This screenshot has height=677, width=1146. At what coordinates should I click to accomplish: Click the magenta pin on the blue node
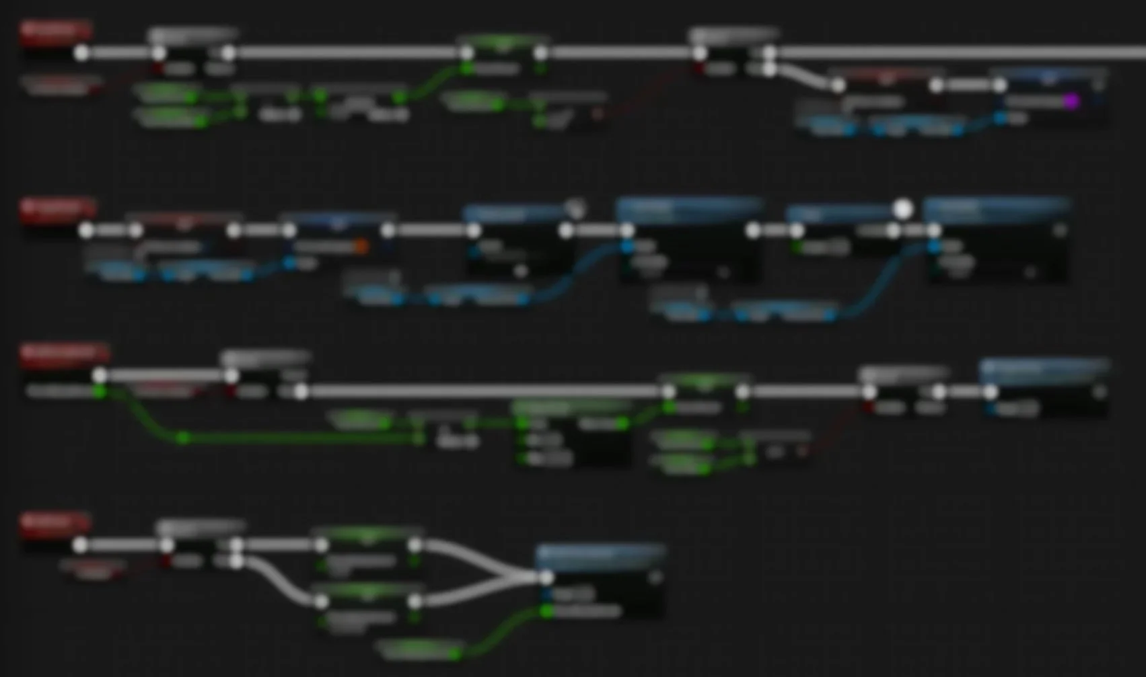tap(1071, 102)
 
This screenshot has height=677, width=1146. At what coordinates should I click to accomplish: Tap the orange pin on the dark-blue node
tap(361, 247)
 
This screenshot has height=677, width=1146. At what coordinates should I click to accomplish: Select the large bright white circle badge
tap(903, 209)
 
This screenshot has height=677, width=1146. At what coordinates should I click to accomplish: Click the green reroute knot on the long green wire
tap(183, 438)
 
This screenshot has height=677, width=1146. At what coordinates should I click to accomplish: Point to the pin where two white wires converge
tap(546, 577)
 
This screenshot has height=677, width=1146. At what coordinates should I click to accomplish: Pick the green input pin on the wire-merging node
tap(546, 611)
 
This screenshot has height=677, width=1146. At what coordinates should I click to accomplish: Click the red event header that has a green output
tap(64, 353)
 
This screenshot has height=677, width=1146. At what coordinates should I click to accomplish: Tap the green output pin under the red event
tap(100, 391)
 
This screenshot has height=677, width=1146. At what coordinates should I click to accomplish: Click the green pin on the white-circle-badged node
tap(798, 247)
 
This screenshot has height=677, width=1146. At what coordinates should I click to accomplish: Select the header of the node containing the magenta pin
tap(1048, 77)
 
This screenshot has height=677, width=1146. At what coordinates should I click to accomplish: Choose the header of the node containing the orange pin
tap(338, 220)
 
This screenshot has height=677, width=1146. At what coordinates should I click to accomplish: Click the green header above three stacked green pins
tap(571, 407)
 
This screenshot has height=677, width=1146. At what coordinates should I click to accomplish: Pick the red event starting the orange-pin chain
tap(57, 208)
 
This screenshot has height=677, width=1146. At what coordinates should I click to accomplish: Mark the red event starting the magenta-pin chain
tap(55, 30)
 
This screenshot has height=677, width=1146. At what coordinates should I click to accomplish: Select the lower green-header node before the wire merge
tap(367, 592)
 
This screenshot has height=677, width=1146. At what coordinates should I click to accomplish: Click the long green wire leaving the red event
tap(303, 439)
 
